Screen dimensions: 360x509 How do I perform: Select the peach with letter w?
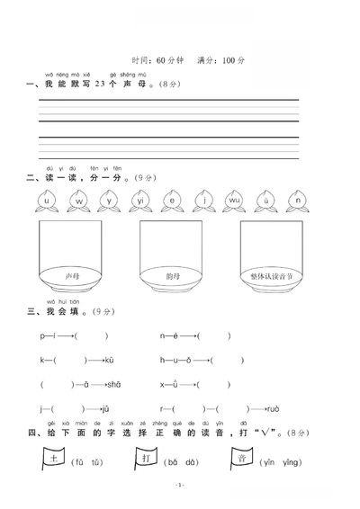coord(78,202)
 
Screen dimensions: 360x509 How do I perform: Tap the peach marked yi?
coord(140,202)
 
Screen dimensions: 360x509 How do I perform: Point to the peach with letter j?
coord(204,202)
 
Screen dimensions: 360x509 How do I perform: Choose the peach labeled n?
coord(297,202)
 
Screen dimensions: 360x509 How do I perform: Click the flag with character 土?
coord(53,460)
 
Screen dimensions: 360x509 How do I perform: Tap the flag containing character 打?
coord(146,460)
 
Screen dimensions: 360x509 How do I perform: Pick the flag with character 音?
coord(240,460)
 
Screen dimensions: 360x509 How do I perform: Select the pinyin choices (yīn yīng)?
coord(280,463)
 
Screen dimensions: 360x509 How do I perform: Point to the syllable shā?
coord(112,383)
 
